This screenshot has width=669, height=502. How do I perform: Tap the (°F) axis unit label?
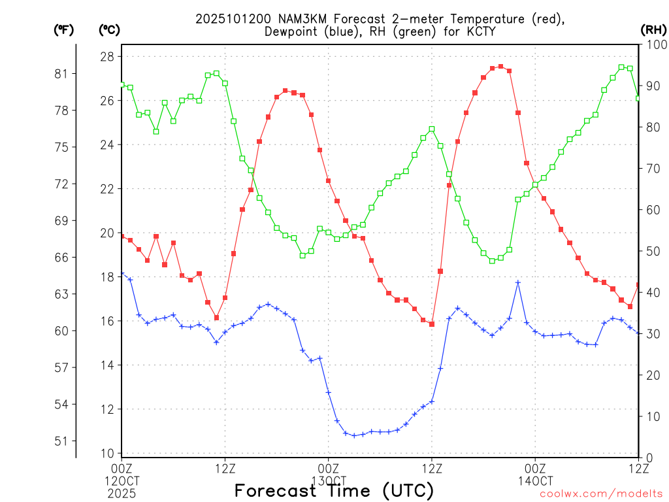click(x=64, y=29)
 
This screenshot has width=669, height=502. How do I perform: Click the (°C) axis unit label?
click(x=109, y=29)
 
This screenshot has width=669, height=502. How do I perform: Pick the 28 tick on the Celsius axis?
click(x=106, y=57)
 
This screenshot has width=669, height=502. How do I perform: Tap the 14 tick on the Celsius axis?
click(x=106, y=365)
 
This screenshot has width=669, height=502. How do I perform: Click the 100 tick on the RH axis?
click(x=655, y=44)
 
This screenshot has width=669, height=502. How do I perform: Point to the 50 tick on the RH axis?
click(x=652, y=251)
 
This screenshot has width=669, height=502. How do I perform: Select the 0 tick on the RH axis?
click(x=649, y=458)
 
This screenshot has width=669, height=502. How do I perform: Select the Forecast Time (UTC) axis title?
click(x=334, y=490)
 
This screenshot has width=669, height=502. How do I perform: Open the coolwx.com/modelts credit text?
click(x=601, y=494)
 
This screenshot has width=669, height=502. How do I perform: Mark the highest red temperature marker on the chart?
click(x=500, y=66)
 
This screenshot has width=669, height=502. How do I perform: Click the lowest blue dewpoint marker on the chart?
click(x=354, y=435)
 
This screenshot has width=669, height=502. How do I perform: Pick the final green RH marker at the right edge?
click(x=638, y=98)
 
